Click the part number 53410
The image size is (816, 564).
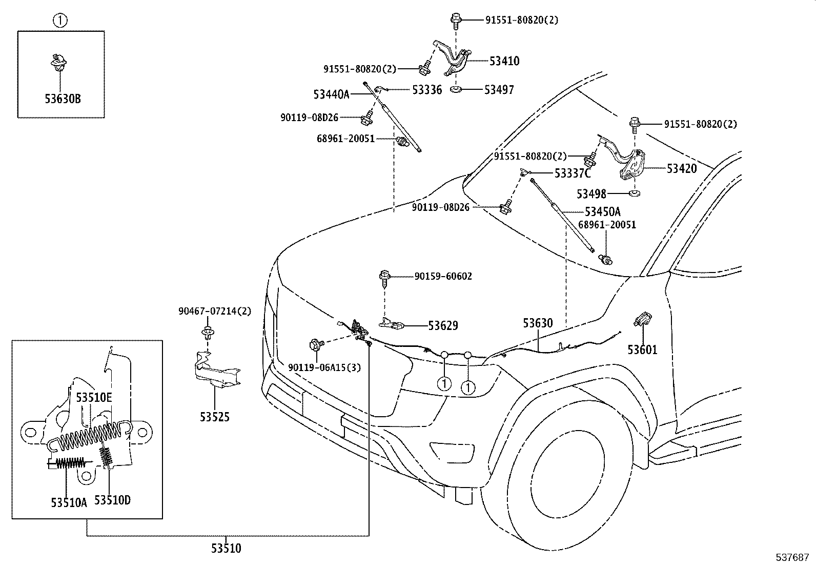tap(504, 61)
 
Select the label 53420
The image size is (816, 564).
tap(681, 168)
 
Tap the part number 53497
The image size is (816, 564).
tap(499, 90)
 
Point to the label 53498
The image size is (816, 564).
tap(591, 194)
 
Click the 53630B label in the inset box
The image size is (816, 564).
tap(62, 99)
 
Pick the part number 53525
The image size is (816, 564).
tap(214, 417)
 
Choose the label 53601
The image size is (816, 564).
tap(642, 349)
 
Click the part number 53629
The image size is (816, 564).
tap(443, 325)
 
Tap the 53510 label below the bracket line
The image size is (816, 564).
tap(226, 548)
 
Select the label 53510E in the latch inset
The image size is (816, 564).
tap(94, 397)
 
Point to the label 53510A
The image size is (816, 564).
tap(69, 502)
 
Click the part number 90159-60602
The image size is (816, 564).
tap(443, 277)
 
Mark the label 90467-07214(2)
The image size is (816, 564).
tap(215, 311)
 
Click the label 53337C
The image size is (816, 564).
tap(573, 173)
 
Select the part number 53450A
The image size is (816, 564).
tap(602, 211)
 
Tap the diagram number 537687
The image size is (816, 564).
tap(791, 556)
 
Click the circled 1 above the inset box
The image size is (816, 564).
tap(60, 21)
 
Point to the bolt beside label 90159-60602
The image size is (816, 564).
tap(384, 276)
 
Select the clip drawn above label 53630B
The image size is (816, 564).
tap(60, 61)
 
